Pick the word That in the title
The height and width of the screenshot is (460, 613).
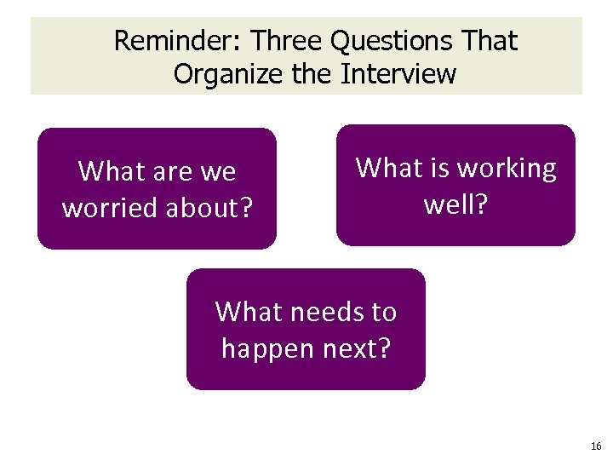tap(486, 40)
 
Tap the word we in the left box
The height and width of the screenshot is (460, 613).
tap(218, 172)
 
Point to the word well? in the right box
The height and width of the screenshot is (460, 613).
tap(455, 203)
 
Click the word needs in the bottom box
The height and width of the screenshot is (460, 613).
tap(321, 313)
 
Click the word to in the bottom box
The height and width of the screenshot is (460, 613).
tap(383, 313)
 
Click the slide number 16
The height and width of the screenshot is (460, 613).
tap(593, 446)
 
